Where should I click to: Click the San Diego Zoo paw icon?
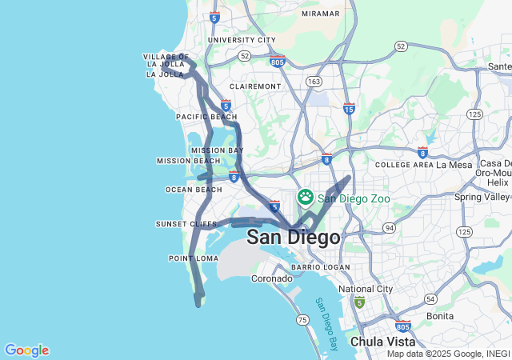coord(306,197)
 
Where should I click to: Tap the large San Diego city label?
coord(294,238)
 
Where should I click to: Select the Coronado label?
coord(272,278)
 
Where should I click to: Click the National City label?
coord(366,289)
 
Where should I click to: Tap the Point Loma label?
coord(194,258)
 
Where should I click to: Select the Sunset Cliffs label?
coord(186,224)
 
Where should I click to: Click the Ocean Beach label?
coord(193,190)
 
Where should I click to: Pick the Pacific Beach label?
coord(206,117)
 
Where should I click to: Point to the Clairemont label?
coord(255,86)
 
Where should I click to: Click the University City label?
coord(241,40)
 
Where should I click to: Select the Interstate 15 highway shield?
coord(349,107)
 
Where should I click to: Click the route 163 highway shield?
coord(314,82)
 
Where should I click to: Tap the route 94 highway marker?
coord(389,228)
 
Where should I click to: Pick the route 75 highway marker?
coord(302,320)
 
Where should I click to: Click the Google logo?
coord(26,350)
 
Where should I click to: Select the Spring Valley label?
coord(482,197)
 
